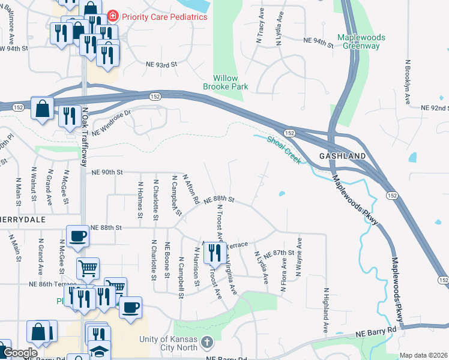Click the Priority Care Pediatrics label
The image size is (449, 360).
[164, 17]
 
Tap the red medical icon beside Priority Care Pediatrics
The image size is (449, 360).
[112, 16]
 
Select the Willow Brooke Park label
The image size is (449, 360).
[231, 82]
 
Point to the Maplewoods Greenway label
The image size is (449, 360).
[361, 41]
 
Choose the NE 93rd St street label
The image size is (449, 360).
[162, 64]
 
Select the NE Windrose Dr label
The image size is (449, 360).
[110, 122]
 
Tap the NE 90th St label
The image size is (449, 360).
[107, 172]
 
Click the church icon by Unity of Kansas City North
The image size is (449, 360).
[206, 343]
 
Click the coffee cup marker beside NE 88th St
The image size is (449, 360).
[77, 236]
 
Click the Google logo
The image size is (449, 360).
[20, 353]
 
